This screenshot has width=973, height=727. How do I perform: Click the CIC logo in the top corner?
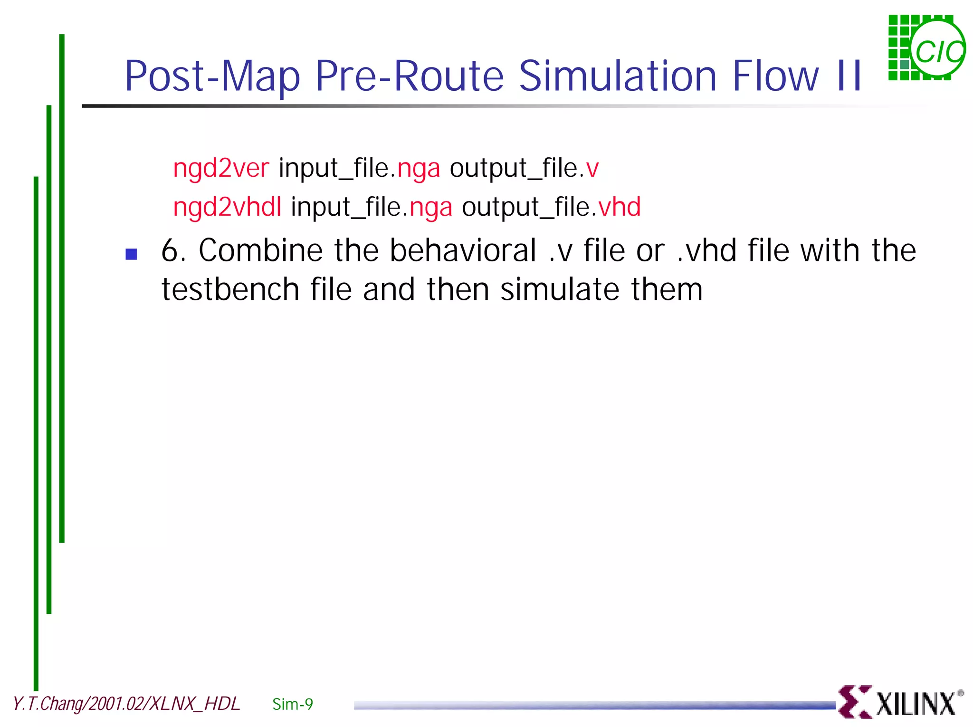tap(926, 48)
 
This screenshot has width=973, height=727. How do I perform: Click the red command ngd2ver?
tap(221, 168)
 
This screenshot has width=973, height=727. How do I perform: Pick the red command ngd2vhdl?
tap(227, 207)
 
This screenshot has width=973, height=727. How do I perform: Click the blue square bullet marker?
tap(131, 254)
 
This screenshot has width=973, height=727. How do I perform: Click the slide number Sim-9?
tap(293, 704)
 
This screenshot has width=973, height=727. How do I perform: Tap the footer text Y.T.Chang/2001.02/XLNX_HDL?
tap(126, 704)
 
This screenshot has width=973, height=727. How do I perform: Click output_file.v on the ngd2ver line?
tap(524, 168)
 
